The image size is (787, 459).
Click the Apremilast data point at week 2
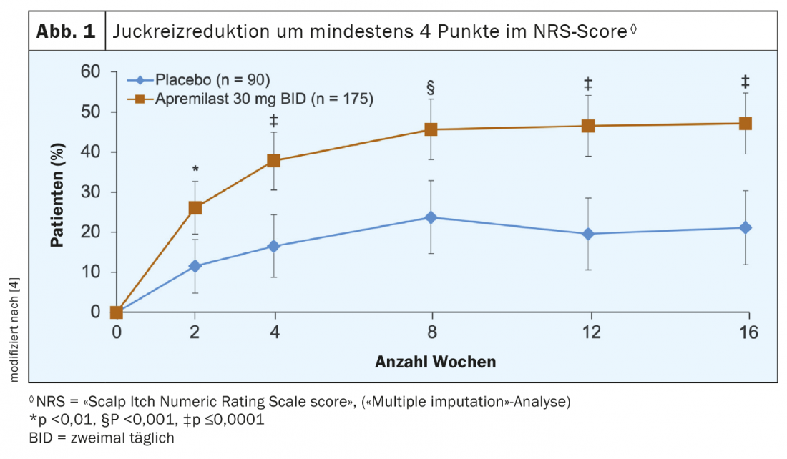(195, 208)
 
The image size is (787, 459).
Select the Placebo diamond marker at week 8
(431, 217)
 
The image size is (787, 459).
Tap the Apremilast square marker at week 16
(745, 124)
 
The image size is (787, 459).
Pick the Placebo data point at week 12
(588, 234)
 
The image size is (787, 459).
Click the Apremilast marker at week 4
(273, 161)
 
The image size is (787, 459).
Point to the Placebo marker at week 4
(273, 246)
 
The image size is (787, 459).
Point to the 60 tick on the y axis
(92, 71)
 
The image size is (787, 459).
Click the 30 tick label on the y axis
(92, 192)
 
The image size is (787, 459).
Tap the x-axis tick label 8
(431, 333)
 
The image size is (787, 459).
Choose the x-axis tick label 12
(588, 333)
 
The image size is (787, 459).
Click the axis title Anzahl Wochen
(435, 362)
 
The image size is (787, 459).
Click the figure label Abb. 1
(65, 32)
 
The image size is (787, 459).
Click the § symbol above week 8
(431, 88)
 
